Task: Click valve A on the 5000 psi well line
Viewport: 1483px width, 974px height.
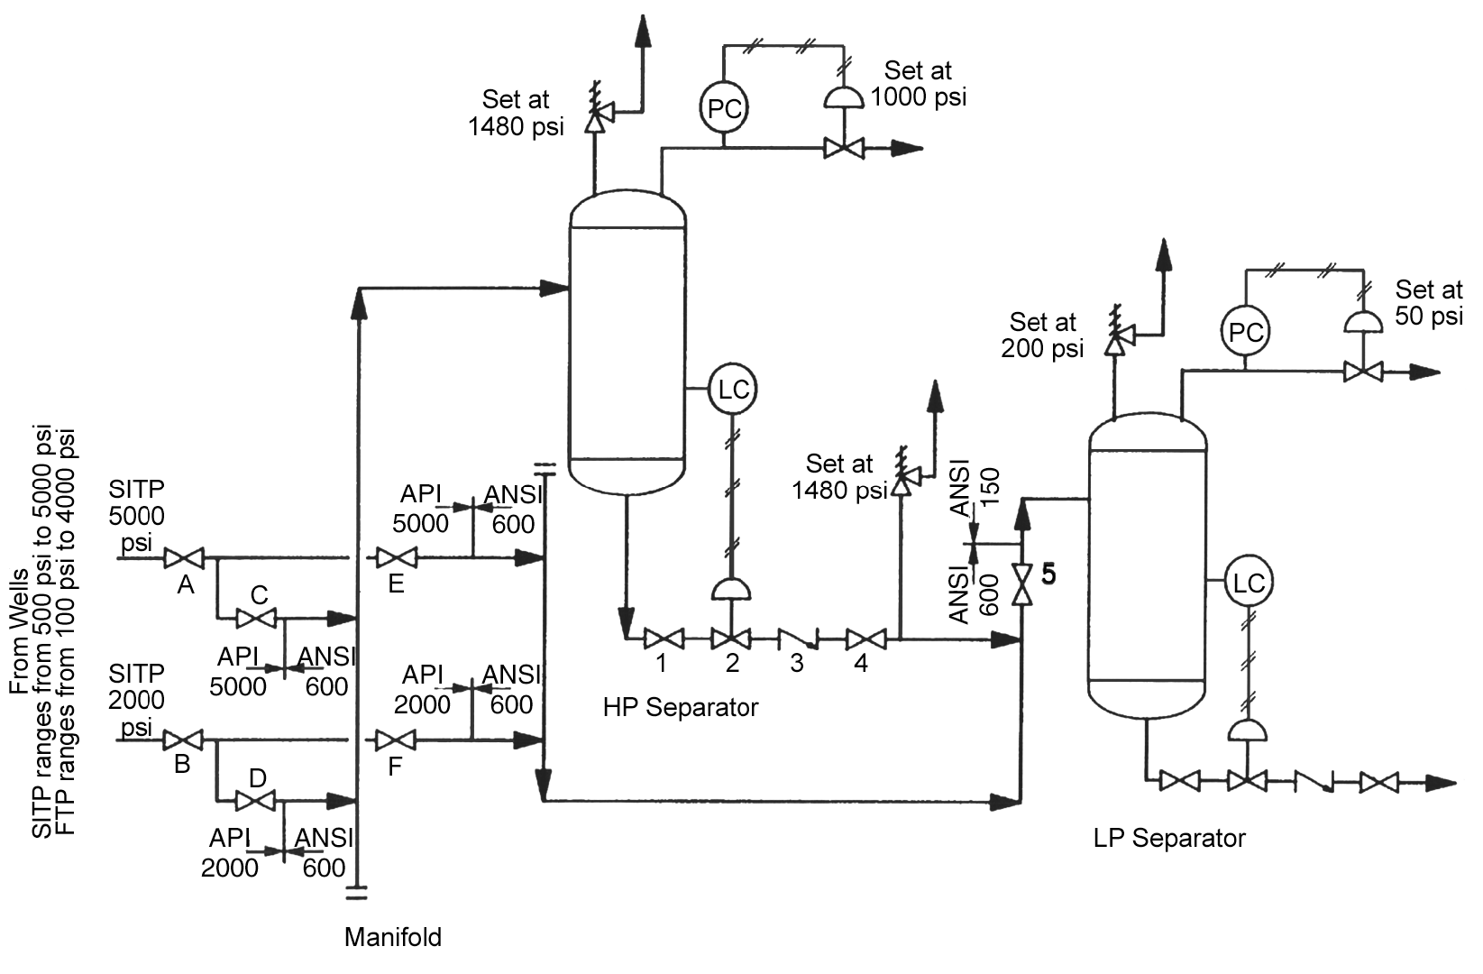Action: click(184, 558)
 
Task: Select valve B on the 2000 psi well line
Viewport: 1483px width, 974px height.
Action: click(182, 741)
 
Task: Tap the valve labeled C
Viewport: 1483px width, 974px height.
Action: click(256, 619)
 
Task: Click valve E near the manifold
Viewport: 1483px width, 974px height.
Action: click(396, 558)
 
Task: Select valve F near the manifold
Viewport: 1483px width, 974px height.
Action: click(395, 741)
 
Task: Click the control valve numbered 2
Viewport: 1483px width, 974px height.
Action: click(731, 639)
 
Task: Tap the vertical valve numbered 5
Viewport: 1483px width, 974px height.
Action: click(1021, 583)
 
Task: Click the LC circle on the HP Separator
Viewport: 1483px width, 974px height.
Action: click(733, 390)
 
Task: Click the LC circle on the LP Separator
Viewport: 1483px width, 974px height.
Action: click(1248, 583)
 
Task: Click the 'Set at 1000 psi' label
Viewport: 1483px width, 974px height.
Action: click(918, 84)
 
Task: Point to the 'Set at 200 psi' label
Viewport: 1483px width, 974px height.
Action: click(1042, 335)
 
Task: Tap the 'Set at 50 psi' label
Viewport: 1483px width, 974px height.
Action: click(1428, 303)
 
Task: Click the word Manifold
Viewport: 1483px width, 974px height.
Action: click(393, 938)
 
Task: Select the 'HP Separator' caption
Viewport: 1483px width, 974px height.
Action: click(681, 708)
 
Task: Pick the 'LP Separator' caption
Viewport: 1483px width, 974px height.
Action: click(1169, 839)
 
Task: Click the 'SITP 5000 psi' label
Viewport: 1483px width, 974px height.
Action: click(136, 516)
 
